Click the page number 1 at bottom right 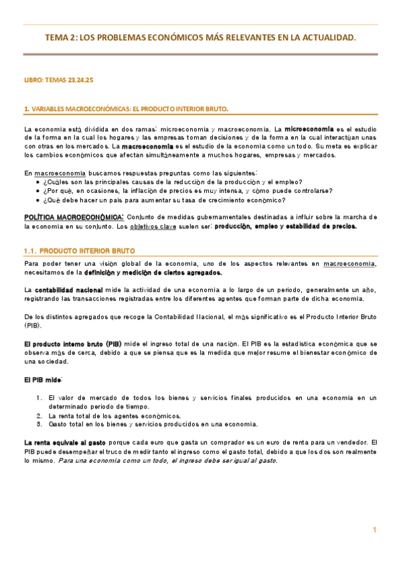tap(375, 530)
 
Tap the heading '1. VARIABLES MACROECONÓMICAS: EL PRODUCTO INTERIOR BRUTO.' tap(126, 108)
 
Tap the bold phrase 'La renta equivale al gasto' tap(64, 443)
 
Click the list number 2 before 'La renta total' tap(39, 415)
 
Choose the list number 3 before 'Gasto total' tap(39, 424)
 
